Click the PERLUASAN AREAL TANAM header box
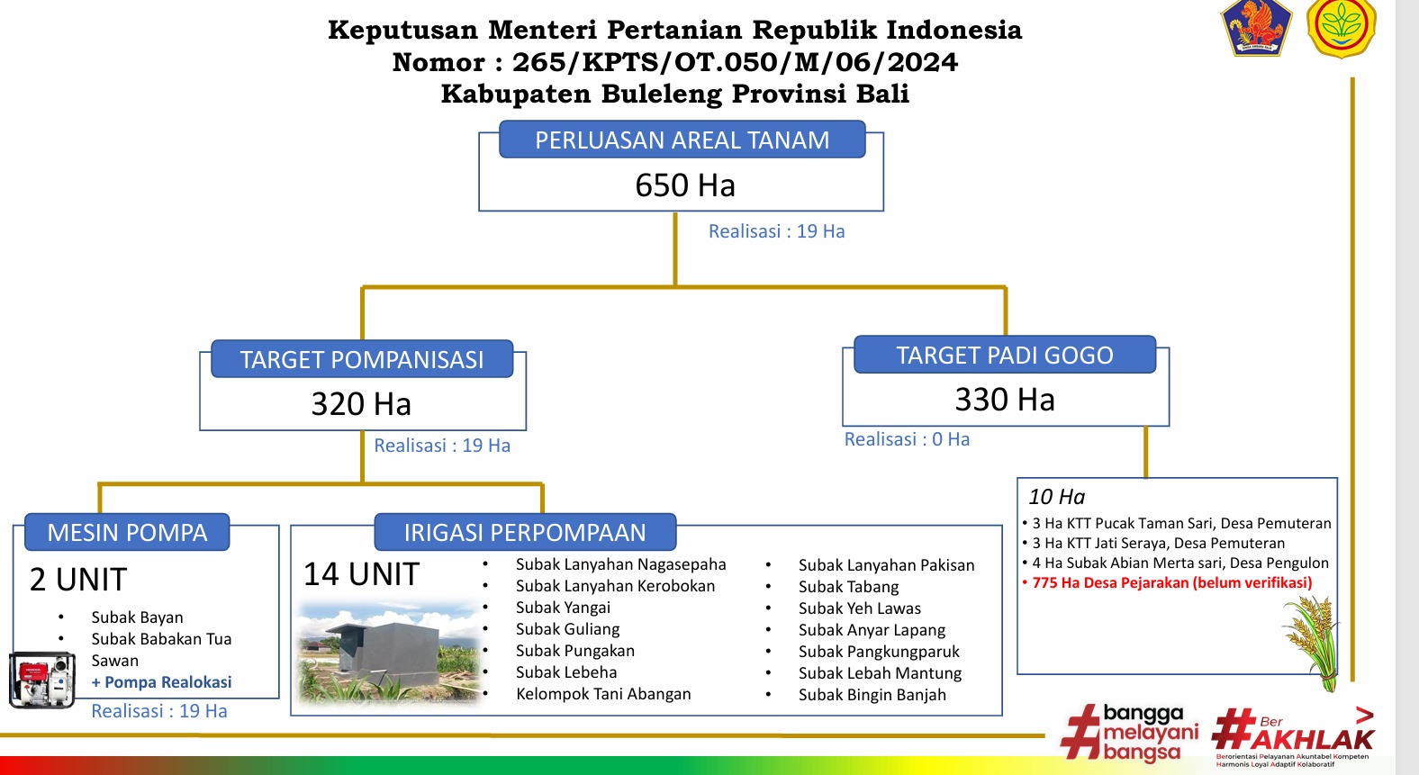tap(682, 140)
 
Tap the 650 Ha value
tap(685, 185)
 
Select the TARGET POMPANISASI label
tap(362, 359)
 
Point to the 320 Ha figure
tap(361, 404)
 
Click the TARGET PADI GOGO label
tap(1005, 355)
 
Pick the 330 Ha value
tap(1005, 400)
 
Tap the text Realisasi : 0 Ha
tap(907, 438)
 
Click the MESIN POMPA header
tap(127, 532)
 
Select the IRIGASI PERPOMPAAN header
tap(525, 532)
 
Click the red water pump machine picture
tap(41, 680)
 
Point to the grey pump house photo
tap(388, 653)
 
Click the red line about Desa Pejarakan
tap(1167, 582)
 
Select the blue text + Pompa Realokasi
tap(161, 682)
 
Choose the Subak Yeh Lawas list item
tap(860, 608)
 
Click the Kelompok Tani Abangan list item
tap(603, 693)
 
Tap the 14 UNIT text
tap(361, 573)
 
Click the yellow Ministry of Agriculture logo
tap(1341, 27)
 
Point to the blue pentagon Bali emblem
tap(1256, 27)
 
